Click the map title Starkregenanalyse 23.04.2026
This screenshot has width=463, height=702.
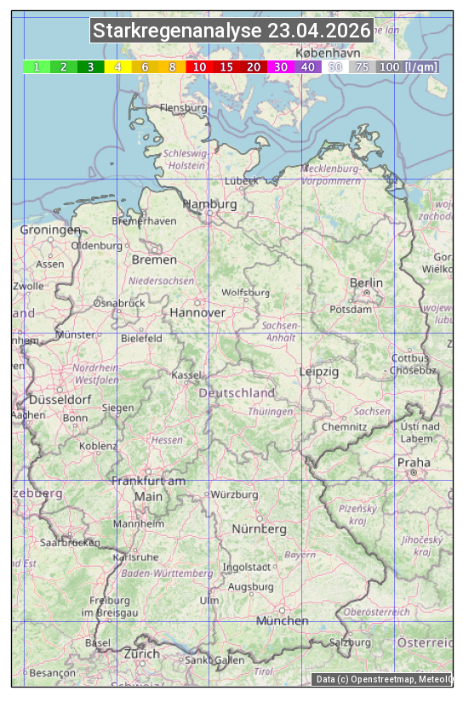click(x=231, y=31)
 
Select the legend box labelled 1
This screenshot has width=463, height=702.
click(x=37, y=66)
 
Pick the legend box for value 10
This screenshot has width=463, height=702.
click(x=199, y=66)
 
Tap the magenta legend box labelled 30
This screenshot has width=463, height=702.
click(x=281, y=66)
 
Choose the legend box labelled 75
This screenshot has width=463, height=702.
click(x=362, y=66)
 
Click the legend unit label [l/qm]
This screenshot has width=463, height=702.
click(x=422, y=66)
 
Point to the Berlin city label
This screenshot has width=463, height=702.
click(x=366, y=283)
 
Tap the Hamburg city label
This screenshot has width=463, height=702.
click(x=209, y=205)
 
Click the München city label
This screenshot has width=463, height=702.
click(x=283, y=621)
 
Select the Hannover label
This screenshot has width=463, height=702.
click(x=197, y=313)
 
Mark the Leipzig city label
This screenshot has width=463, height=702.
click(x=319, y=372)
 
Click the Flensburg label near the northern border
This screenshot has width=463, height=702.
click(x=183, y=108)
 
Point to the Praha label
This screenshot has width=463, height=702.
click(x=414, y=463)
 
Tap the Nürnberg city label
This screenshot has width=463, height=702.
click(x=260, y=529)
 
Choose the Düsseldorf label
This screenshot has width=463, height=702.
click(x=60, y=400)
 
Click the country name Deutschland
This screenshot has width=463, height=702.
click(x=237, y=393)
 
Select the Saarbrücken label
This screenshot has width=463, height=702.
click(x=70, y=542)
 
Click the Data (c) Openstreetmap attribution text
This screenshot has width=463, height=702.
click(x=383, y=679)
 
